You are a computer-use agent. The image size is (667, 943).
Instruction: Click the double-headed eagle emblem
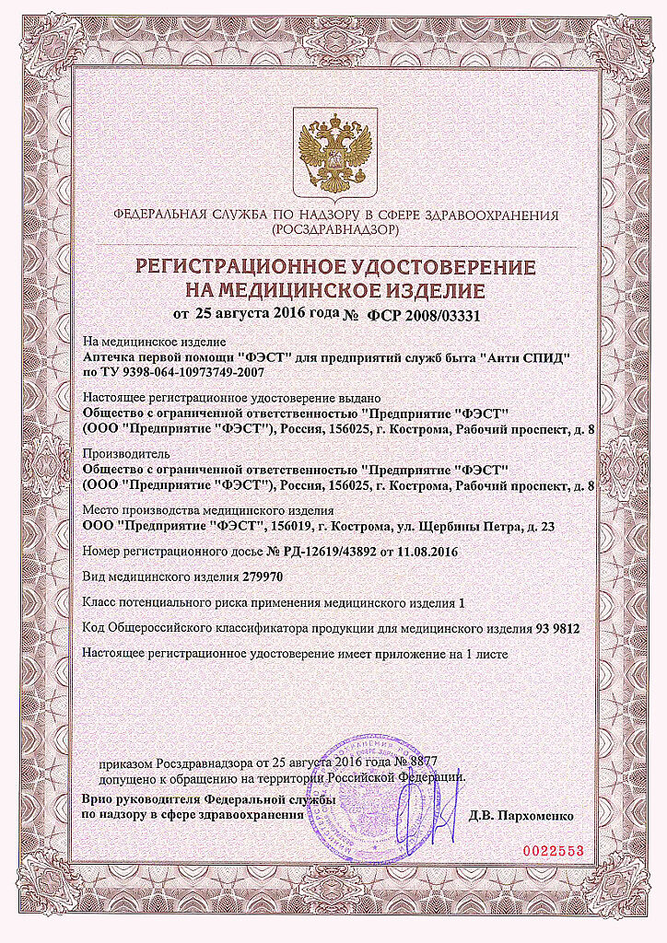[x=333, y=151]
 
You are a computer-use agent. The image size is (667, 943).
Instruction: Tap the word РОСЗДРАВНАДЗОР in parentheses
[x=334, y=230]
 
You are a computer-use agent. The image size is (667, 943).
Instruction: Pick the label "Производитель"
[x=114, y=454]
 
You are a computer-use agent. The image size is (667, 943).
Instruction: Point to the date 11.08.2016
[x=427, y=551]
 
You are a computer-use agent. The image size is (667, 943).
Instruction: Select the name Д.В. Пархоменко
[x=521, y=816]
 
